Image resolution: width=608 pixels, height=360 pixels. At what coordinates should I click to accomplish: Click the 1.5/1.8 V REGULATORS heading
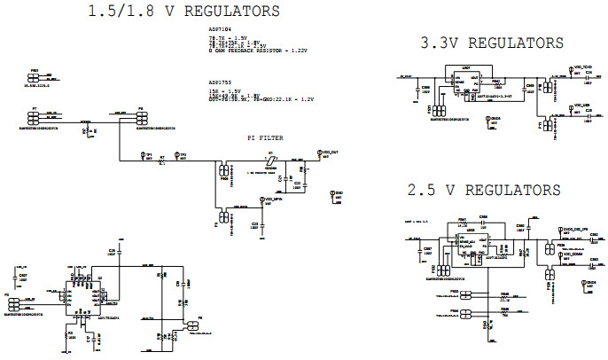click(184, 12)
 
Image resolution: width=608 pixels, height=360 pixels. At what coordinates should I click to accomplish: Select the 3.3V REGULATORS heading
click(492, 43)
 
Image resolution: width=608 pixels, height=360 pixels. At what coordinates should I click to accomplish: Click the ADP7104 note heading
click(219, 29)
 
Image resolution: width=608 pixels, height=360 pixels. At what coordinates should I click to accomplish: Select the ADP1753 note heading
click(219, 81)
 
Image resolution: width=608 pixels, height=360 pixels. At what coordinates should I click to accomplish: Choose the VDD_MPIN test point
click(259, 200)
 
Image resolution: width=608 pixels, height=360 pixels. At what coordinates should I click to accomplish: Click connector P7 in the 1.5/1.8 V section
click(38, 116)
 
